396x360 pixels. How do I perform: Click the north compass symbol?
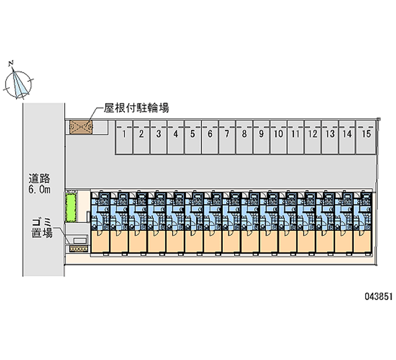coord(19,82)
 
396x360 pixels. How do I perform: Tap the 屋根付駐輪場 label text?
coord(136,107)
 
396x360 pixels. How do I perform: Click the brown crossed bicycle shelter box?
coord(81,128)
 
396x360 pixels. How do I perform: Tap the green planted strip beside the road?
coord(71,208)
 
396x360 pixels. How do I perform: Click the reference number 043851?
coord(379,297)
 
